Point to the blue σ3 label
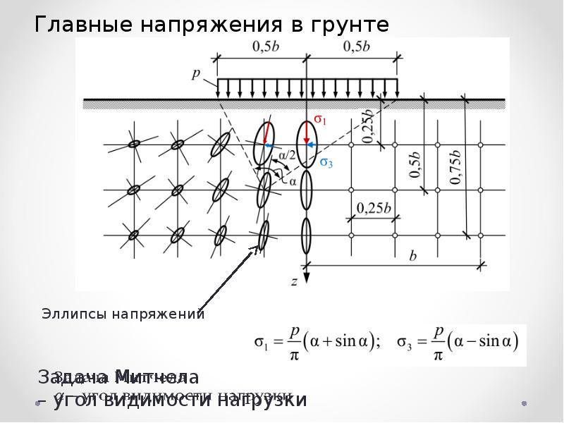(326, 163)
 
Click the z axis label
(294, 281)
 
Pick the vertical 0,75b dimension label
(456, 166)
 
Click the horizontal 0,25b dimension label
(374, 208)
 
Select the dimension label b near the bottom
(412, 256)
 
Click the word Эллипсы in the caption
(73, 314)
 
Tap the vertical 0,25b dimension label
(368, 127)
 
